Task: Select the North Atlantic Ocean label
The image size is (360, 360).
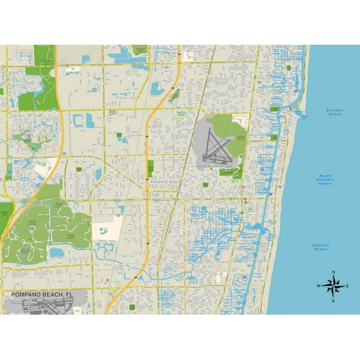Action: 325,179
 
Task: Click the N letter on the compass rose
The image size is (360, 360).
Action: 334,272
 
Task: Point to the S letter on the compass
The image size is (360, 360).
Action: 333,301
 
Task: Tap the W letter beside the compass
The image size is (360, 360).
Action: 319,286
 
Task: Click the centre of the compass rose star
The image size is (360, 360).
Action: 334,286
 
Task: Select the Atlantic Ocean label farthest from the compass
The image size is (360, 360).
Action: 335,112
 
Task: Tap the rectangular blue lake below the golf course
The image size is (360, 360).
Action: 57,252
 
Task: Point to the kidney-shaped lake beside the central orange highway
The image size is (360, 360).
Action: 157,89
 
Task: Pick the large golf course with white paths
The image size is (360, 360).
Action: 47,229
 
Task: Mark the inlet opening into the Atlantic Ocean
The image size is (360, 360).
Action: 299,113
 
